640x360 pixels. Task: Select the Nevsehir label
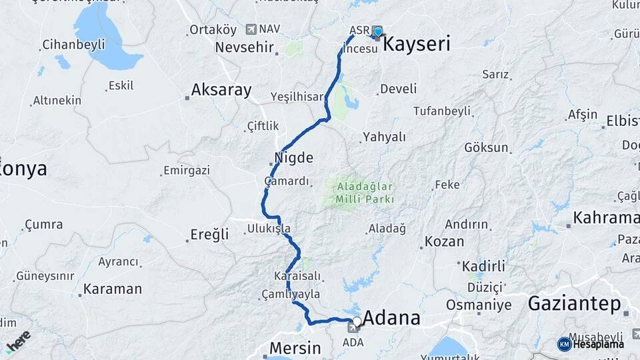point(245,48)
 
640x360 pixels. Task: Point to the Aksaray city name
point(221,90)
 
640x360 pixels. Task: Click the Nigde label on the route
point(293,159)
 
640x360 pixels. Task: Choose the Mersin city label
point(295,348)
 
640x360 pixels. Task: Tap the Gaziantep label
point(574,304)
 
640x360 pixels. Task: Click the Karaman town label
point(112,289)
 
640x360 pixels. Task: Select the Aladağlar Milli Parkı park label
point(365,193)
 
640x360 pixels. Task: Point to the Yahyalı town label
point(385,137)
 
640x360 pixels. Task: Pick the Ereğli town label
point(209,234)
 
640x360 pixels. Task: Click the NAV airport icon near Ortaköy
point(251,29)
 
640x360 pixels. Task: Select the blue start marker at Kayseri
point(378,31)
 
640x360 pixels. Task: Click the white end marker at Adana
point(357,321)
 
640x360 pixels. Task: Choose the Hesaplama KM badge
point(591,344)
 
